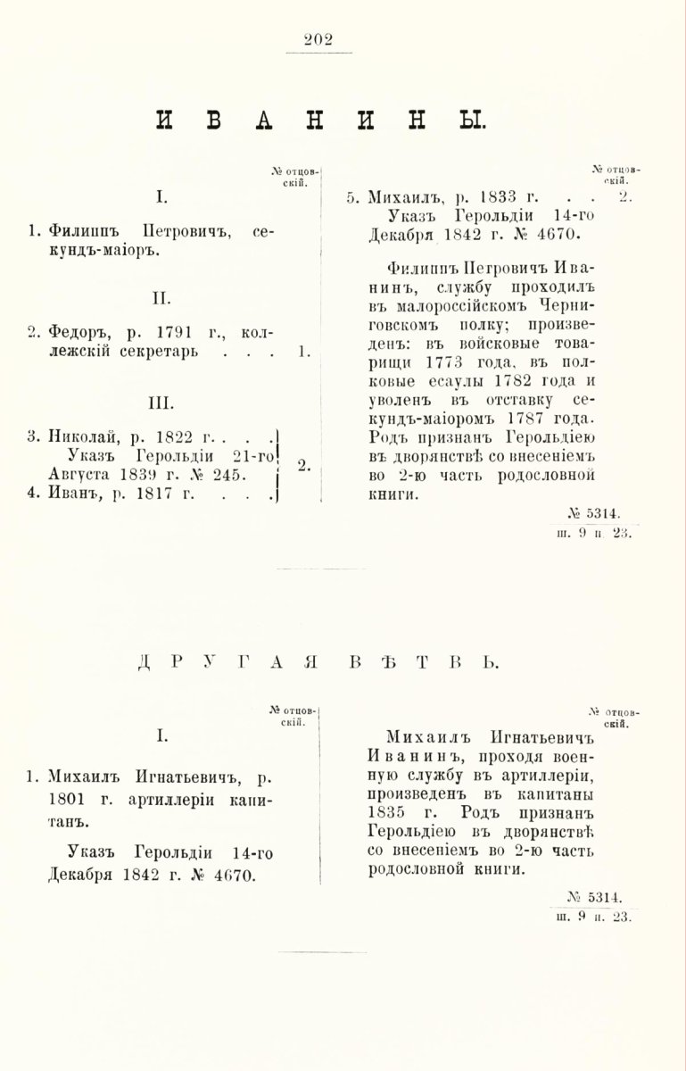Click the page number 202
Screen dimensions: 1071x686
pyautogui.click(x=318, y=37)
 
